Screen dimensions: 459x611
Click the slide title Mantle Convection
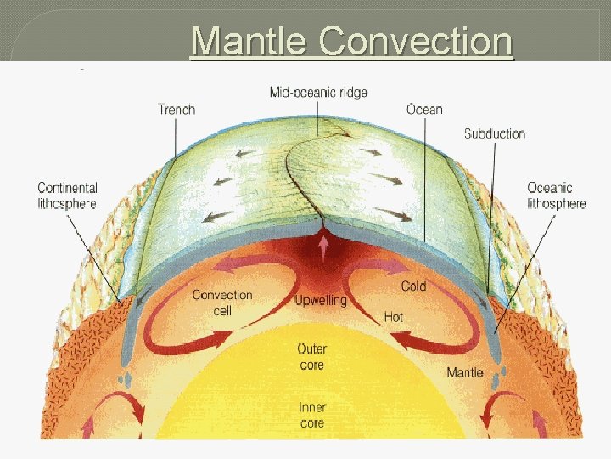351,40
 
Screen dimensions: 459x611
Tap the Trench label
177,110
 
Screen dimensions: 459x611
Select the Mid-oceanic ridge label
318,91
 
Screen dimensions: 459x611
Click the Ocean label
424,110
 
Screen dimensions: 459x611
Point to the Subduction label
494,133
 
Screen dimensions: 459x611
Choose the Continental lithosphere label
67,195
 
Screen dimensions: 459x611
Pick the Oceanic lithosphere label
557,195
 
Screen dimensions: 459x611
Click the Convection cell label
222,303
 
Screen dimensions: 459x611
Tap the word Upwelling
320,301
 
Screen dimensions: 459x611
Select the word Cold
413,286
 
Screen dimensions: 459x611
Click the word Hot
393,317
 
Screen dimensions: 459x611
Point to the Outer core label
311,357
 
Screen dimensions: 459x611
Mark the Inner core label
311,415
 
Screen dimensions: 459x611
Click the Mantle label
465,372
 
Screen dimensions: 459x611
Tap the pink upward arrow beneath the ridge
322,246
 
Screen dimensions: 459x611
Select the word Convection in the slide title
414,40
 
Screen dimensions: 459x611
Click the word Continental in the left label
67,188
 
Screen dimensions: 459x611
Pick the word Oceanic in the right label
550,188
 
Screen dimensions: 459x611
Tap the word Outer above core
311,349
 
